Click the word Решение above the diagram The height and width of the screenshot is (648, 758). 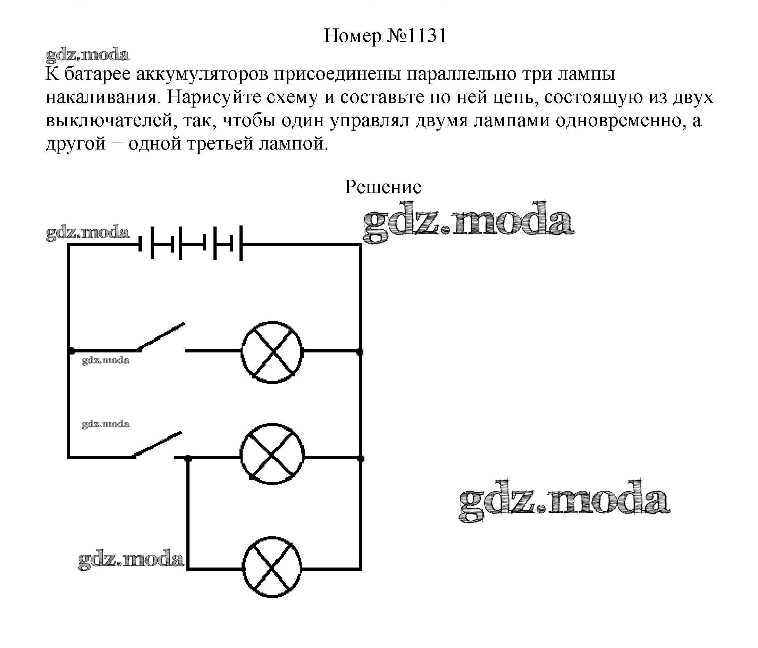[x=383, y=187]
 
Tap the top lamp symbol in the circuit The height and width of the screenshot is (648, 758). [x=272, y=352]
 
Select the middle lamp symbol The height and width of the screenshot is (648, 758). [x=272, y=454]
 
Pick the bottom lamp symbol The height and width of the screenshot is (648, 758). [x=272, y=568]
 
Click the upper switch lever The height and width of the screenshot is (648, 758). [x=162, y=336]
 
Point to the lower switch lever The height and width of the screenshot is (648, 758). [x=158, y=444]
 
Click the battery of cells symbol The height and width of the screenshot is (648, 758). [x=191, y=244]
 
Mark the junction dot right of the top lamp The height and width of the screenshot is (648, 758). [x=360, y=352]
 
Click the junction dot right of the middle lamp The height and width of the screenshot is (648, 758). [x=360, y=458]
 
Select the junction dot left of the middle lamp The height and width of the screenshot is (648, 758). [x=188, y=458]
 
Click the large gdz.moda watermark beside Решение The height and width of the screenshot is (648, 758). [x=469, y=222]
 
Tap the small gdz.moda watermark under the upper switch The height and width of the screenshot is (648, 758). [x=106, y=360]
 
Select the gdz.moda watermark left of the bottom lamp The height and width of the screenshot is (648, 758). [x=130, y=560]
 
